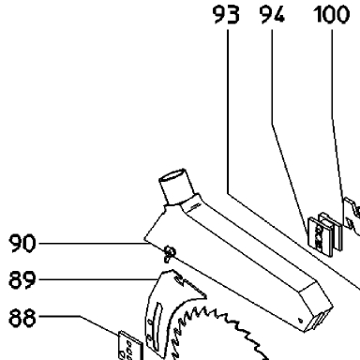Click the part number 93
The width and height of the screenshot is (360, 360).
click(x=226, y=15)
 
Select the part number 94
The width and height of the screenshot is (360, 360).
click(x=272, y=15)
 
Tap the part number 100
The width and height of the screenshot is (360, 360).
click(x=332, y=15)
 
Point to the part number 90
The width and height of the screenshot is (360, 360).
click(x=22, y=244)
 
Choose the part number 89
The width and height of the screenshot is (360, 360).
click(x=22, y=280)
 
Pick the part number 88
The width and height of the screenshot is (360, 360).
click(x=22, y=318)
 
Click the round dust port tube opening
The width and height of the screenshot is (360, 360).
click(x=172, y=176)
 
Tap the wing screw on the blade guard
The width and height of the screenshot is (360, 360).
click(x=170, y=253)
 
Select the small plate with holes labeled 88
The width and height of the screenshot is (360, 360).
click(x=129, y=345)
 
